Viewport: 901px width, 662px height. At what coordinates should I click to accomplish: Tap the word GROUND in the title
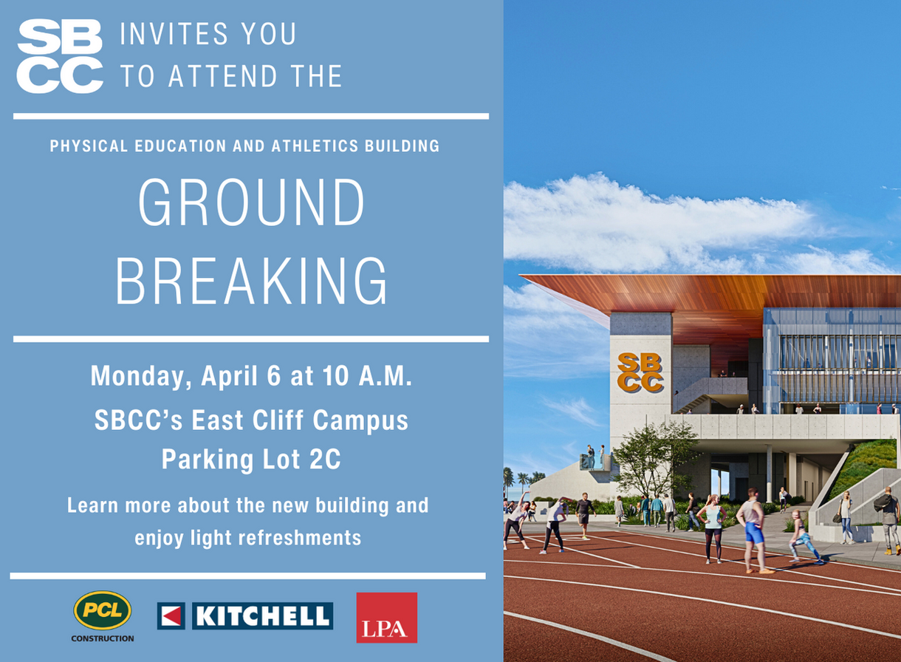tap(251, 203)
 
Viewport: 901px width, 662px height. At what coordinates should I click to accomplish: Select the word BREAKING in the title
tap(251, 281)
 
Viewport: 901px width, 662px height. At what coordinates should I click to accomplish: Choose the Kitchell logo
tap(245, 615)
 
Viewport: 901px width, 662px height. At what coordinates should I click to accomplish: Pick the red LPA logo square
tap(386, 618)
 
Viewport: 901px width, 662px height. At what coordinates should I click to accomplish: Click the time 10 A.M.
tap(367, 376)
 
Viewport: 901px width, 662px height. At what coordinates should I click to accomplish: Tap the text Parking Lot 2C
tap(251, 460)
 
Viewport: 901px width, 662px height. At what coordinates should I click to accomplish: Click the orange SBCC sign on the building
tap(640, 372)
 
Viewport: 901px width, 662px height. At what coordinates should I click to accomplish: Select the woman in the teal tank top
tap(713, 526)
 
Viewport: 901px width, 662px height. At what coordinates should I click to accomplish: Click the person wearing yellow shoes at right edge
tap(889, 521)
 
